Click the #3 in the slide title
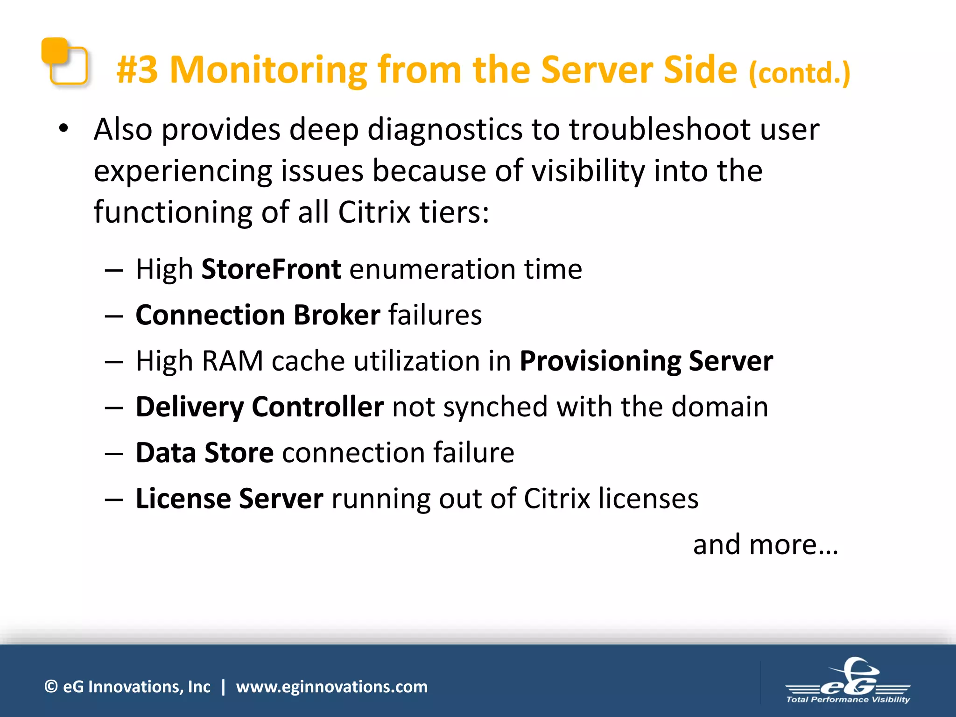pyautogui.click(x=137, y=70)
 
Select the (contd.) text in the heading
pyautogui.click(x=800, y=73)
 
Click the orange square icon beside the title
pyautogui.click(x=64, y=62)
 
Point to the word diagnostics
pyautogui.click(x=445, y=129)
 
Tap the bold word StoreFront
pyautogui.click(x=271, y=269)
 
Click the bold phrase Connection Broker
pyautogui.click(x=258, y=315)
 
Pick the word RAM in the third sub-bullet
pyautogui.click(x=232, y=361)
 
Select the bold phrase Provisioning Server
pyautogui.click(x=647, y=361)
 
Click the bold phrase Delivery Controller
pyautogui.click(x=260, y=407)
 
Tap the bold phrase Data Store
pyautogui.click(x=204, y=453)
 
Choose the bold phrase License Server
pyautogui.click(x=229, y=499)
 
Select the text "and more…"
pyautogui.click(x=766, y=545)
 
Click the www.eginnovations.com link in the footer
pyautogui.click(x=331, y=687)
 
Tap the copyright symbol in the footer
pyautogui.click(x=51, y=687)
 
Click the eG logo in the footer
pyautogui.click(x=848, y=682)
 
